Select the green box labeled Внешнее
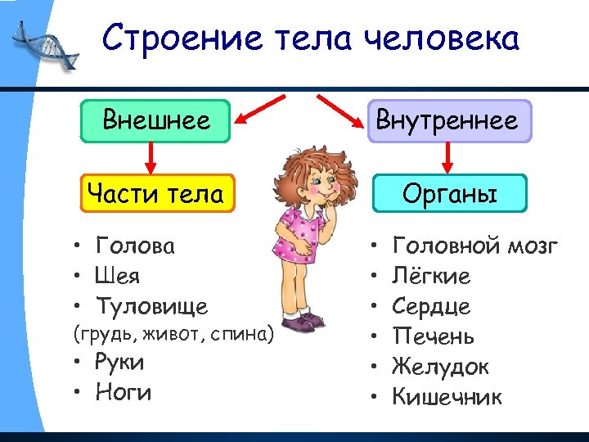[x=155, y=121]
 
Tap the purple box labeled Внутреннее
[x=447, y=121]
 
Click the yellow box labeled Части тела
[x=155, y=194]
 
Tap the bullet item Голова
[x=135, y=246]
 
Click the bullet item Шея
[x=118, y=276]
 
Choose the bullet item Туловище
[x=151, y=306]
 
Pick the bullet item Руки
[x=119, y=362]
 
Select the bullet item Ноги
[x=124, y=392]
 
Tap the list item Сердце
[x=431, y=306]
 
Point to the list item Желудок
[x=440, y=367]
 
